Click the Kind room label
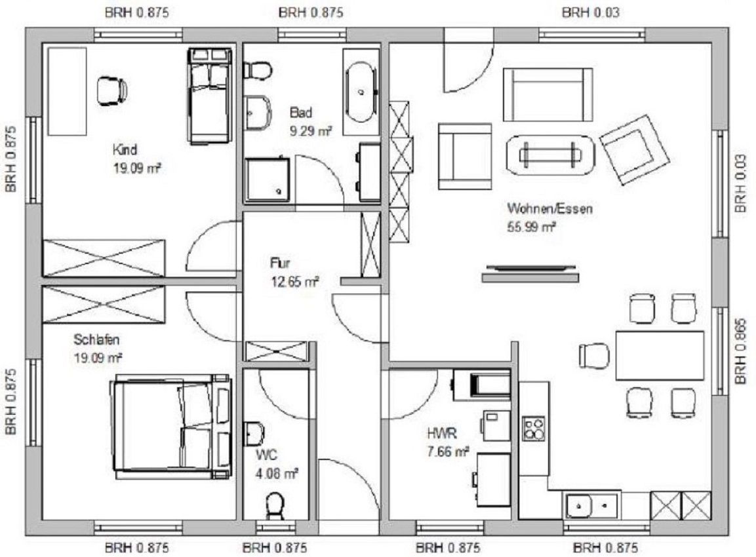[x=125, y=149]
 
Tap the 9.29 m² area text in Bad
[x=311, y=130]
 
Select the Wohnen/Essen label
[x=549, y=208]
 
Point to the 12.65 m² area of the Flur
[x=295, y=281]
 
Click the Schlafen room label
[x=96, y=339]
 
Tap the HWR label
[x=442, y=433]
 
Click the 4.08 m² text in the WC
[x=276, y=474]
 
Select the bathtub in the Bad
[x=360, y=92]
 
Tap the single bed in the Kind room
[x=209, y=96]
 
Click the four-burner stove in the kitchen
[x=533, y=429]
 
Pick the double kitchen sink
[x=591, y=505]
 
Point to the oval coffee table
[x=550, y=155]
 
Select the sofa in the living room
[x=547, y=95]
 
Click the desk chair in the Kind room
[x=112, y=92]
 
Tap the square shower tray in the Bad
[x=268, y=180]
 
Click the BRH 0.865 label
[x=742, y=351]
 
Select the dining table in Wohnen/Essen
[x=660, y=355]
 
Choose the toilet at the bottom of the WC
[x=275, y=506]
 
